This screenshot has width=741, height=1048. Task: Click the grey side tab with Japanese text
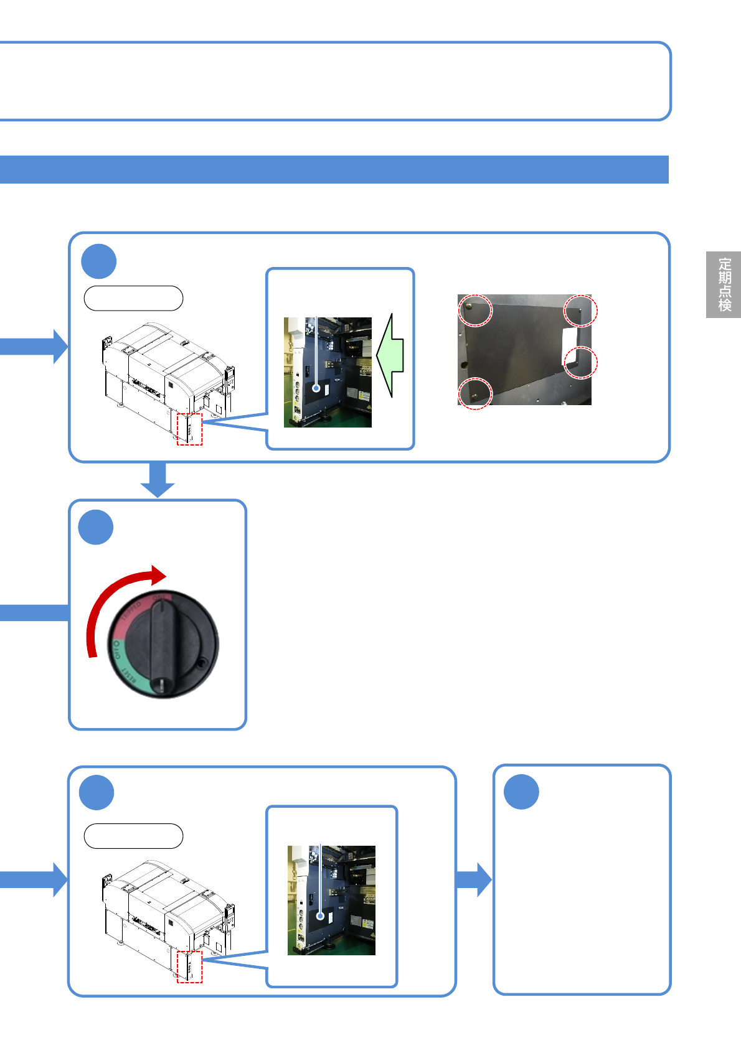723,284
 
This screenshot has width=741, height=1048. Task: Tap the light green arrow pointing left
390,355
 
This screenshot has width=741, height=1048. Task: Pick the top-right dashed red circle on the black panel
580,310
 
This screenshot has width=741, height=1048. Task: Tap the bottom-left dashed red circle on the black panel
475,393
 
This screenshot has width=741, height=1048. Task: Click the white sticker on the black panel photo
569,346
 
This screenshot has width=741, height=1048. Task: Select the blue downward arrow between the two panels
158,480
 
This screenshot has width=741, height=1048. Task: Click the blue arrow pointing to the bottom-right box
474,879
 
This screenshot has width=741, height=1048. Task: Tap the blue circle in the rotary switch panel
96,527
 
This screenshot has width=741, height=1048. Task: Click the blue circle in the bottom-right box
521,792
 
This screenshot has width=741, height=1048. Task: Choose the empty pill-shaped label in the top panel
133,298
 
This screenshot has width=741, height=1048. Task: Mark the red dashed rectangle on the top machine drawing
189,429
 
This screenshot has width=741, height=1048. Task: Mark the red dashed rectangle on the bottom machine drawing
189,966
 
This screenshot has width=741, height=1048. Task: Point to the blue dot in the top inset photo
316,388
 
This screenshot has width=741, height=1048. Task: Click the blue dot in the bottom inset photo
320,916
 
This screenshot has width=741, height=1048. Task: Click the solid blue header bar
334,169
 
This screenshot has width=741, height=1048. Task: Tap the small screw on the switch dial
202,665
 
